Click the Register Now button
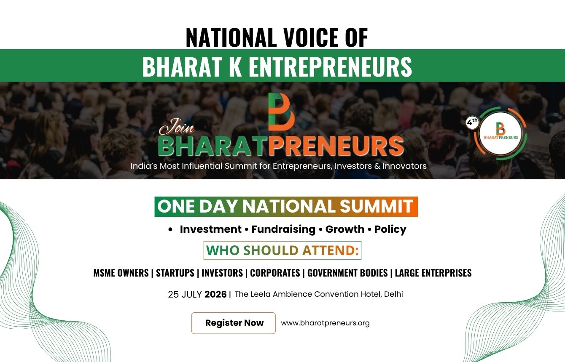(x=234, y=323)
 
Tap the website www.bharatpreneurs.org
(x=325, y=323)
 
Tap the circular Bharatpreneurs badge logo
(x=500, y=133)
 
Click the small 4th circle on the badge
(x=472, y=122)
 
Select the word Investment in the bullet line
(x=210, y=229)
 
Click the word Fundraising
(x=283, y=229)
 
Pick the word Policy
(x=390, y=229)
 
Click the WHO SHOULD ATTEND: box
(x=282, y=250)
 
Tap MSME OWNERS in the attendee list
(x=121, y=273)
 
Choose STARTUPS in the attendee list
(x=175, y=273)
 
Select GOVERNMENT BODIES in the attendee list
(x=347, y=273)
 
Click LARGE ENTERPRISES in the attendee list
(x=433, y=273)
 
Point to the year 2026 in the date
(x=215, y=294)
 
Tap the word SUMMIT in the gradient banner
(x=376, y=207)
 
